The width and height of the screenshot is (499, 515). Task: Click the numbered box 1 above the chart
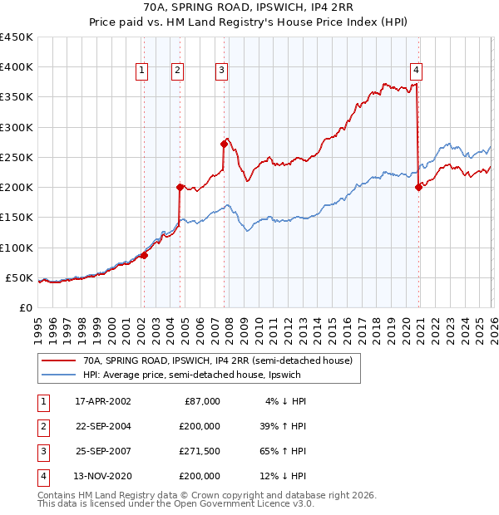click(142, 71)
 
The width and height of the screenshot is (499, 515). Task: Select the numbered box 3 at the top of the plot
click(222, 71)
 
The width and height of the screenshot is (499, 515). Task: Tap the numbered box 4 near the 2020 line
click(415, 71)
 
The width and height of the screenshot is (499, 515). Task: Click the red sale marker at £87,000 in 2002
click(144, 255)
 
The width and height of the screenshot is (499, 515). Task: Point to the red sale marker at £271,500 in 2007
click(224, 144)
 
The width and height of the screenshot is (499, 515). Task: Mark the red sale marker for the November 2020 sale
click(417, 187)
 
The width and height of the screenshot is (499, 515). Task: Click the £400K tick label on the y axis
click(16, 67)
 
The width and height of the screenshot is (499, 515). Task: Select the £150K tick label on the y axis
click(16, 218)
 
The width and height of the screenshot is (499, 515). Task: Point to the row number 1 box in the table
click(42, 401)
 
